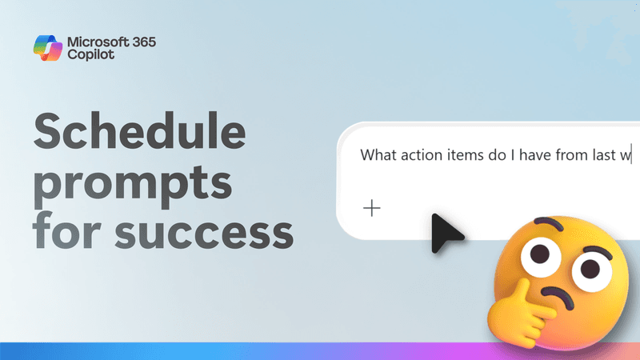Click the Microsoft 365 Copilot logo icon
pos(49,47)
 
